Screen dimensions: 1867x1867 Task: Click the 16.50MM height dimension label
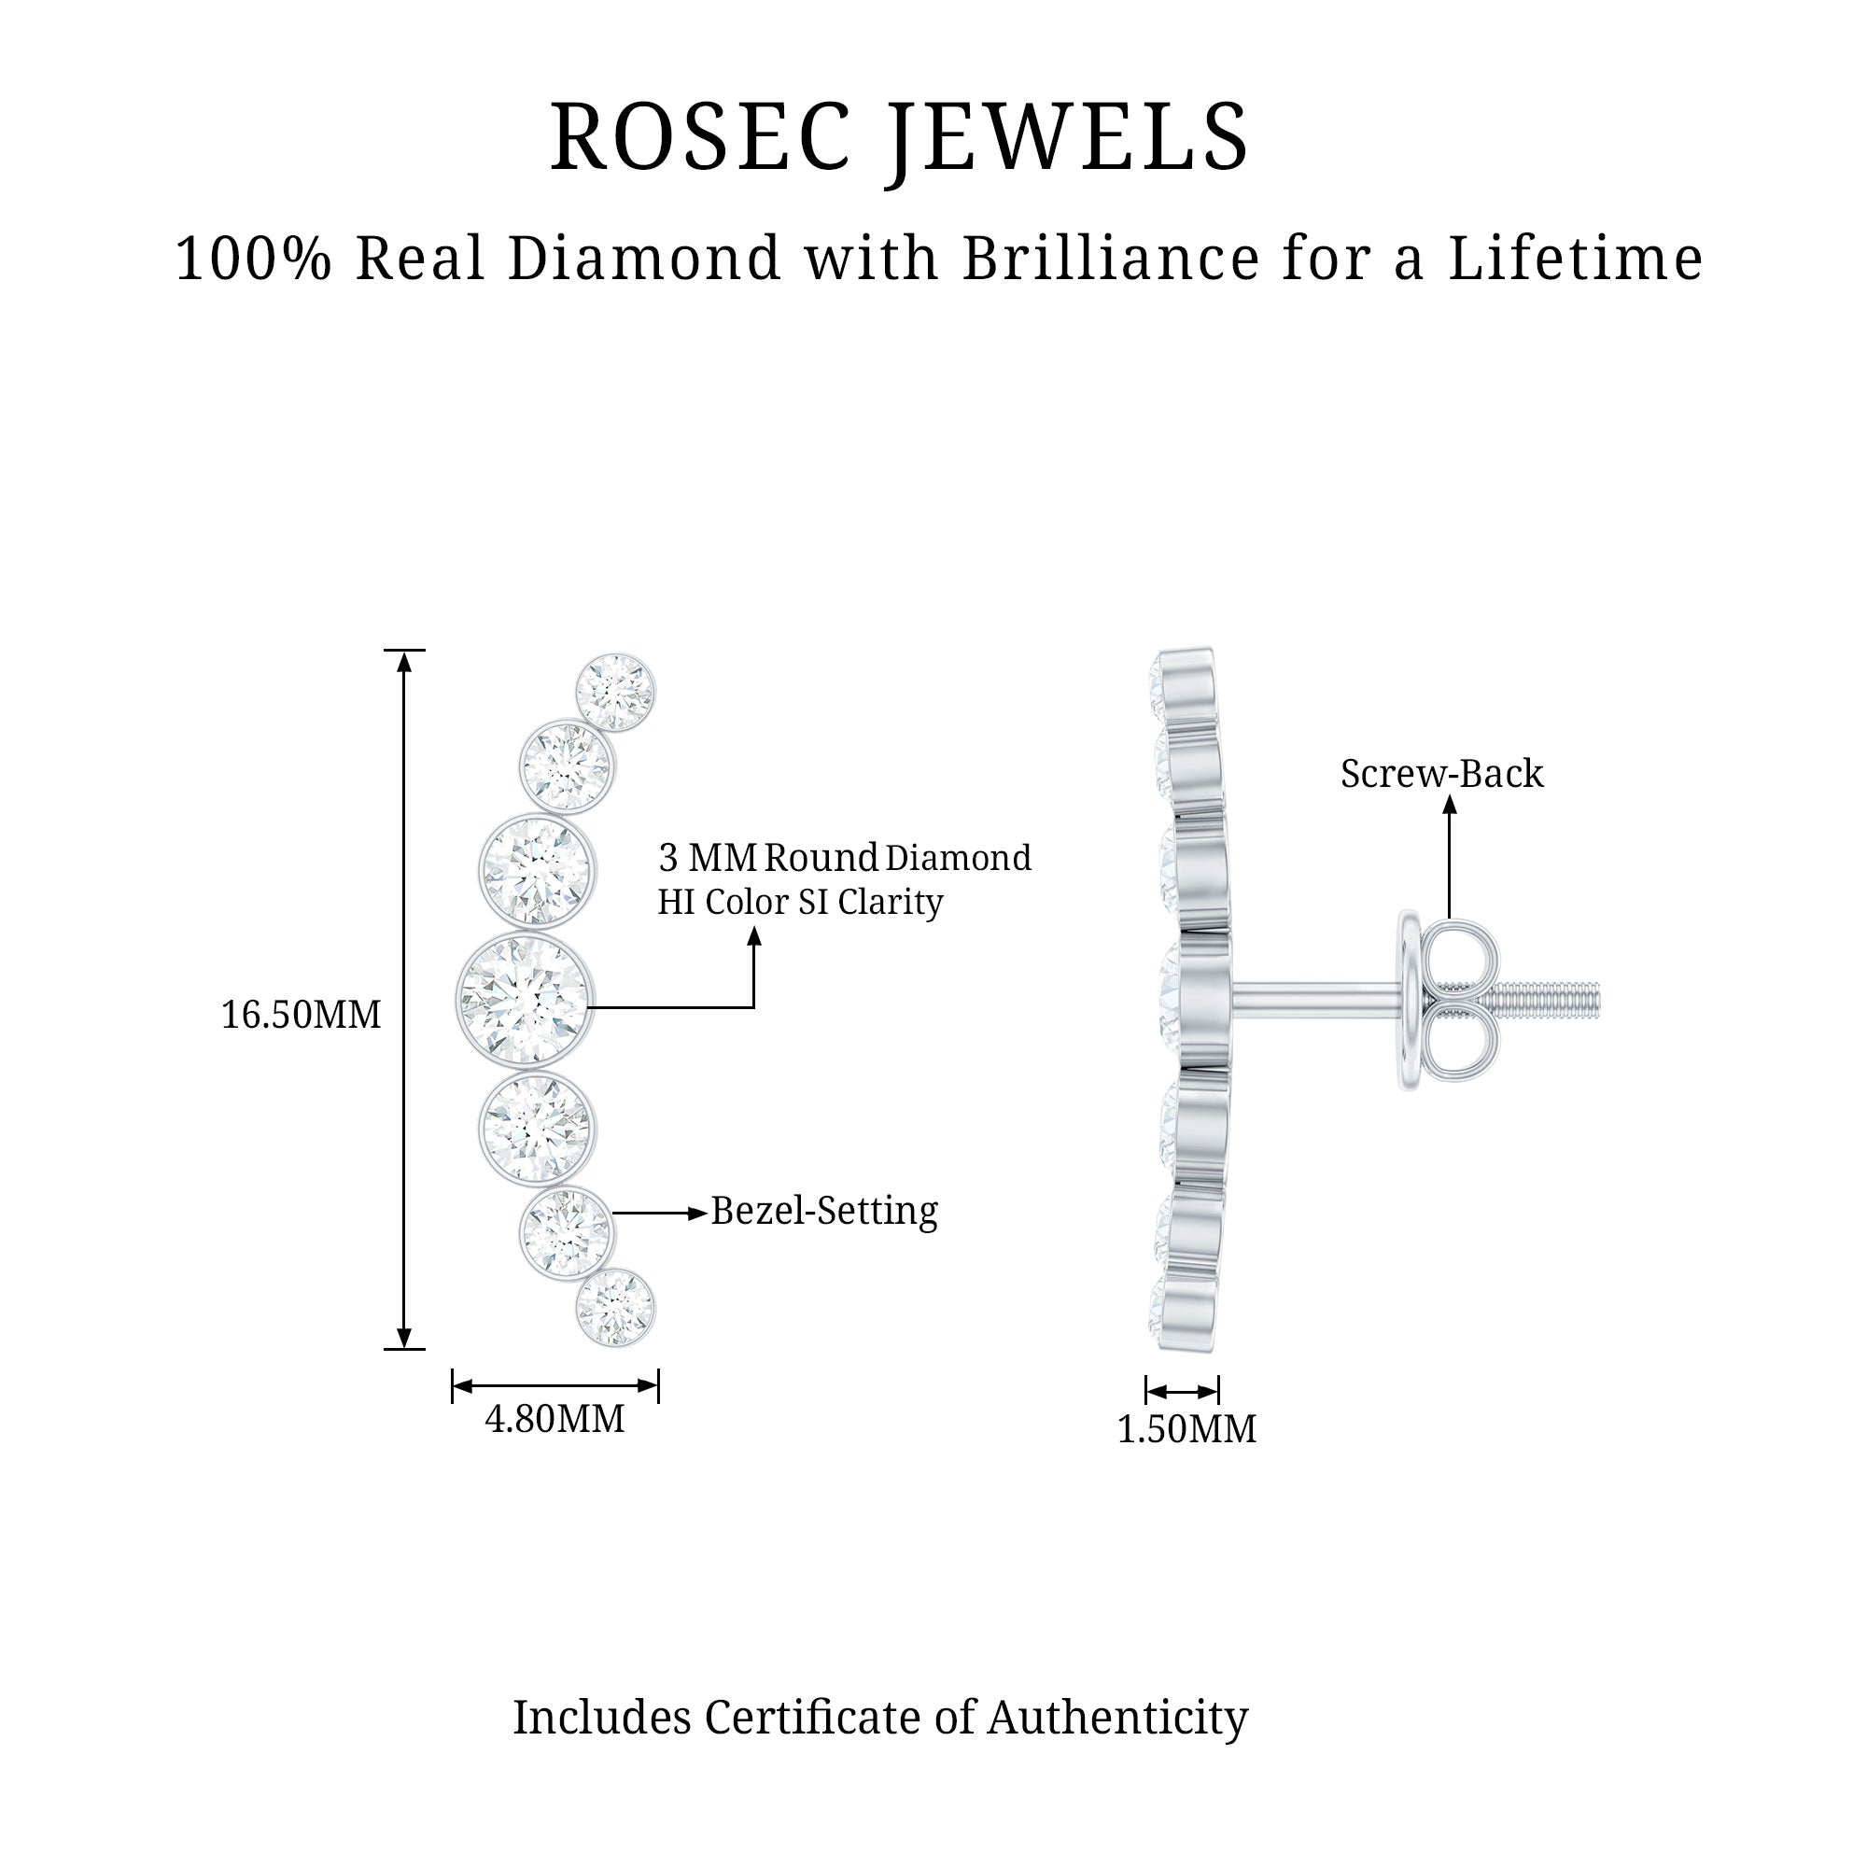tap(302, 1016)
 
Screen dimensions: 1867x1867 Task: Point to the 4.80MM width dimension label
tap(554, 1420)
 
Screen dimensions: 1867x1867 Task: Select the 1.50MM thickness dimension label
tap(1186, 1429)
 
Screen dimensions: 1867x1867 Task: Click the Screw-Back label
tap(1442, 774)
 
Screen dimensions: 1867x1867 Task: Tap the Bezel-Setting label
tap(824, 1212)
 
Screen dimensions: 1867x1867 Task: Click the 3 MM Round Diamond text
tap(845, 858)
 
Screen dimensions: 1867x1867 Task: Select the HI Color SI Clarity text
tap(800, 903)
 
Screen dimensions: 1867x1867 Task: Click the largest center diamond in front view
tap(526, 999)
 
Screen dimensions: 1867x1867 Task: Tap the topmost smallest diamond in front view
tap(614, 692)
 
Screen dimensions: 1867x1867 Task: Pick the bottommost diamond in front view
tap(614, 1309)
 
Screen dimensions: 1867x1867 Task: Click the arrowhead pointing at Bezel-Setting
tap(697, 1213)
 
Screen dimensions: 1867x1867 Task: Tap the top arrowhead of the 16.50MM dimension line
tap(405, 661)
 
